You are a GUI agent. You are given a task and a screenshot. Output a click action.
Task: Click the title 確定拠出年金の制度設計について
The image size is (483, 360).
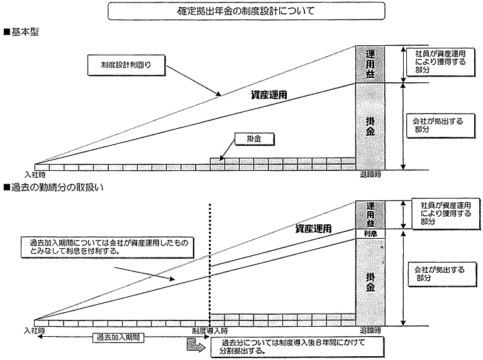click(241, 11)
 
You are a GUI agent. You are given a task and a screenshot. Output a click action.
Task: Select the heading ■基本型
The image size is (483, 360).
click(23, 31)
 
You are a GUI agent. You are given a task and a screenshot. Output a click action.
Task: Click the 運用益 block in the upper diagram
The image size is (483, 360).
click(369, 63)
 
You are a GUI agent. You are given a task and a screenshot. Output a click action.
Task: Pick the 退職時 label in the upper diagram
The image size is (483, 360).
click(370, 175)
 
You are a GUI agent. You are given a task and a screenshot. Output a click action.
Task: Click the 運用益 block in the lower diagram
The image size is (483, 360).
click(369, 214)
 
